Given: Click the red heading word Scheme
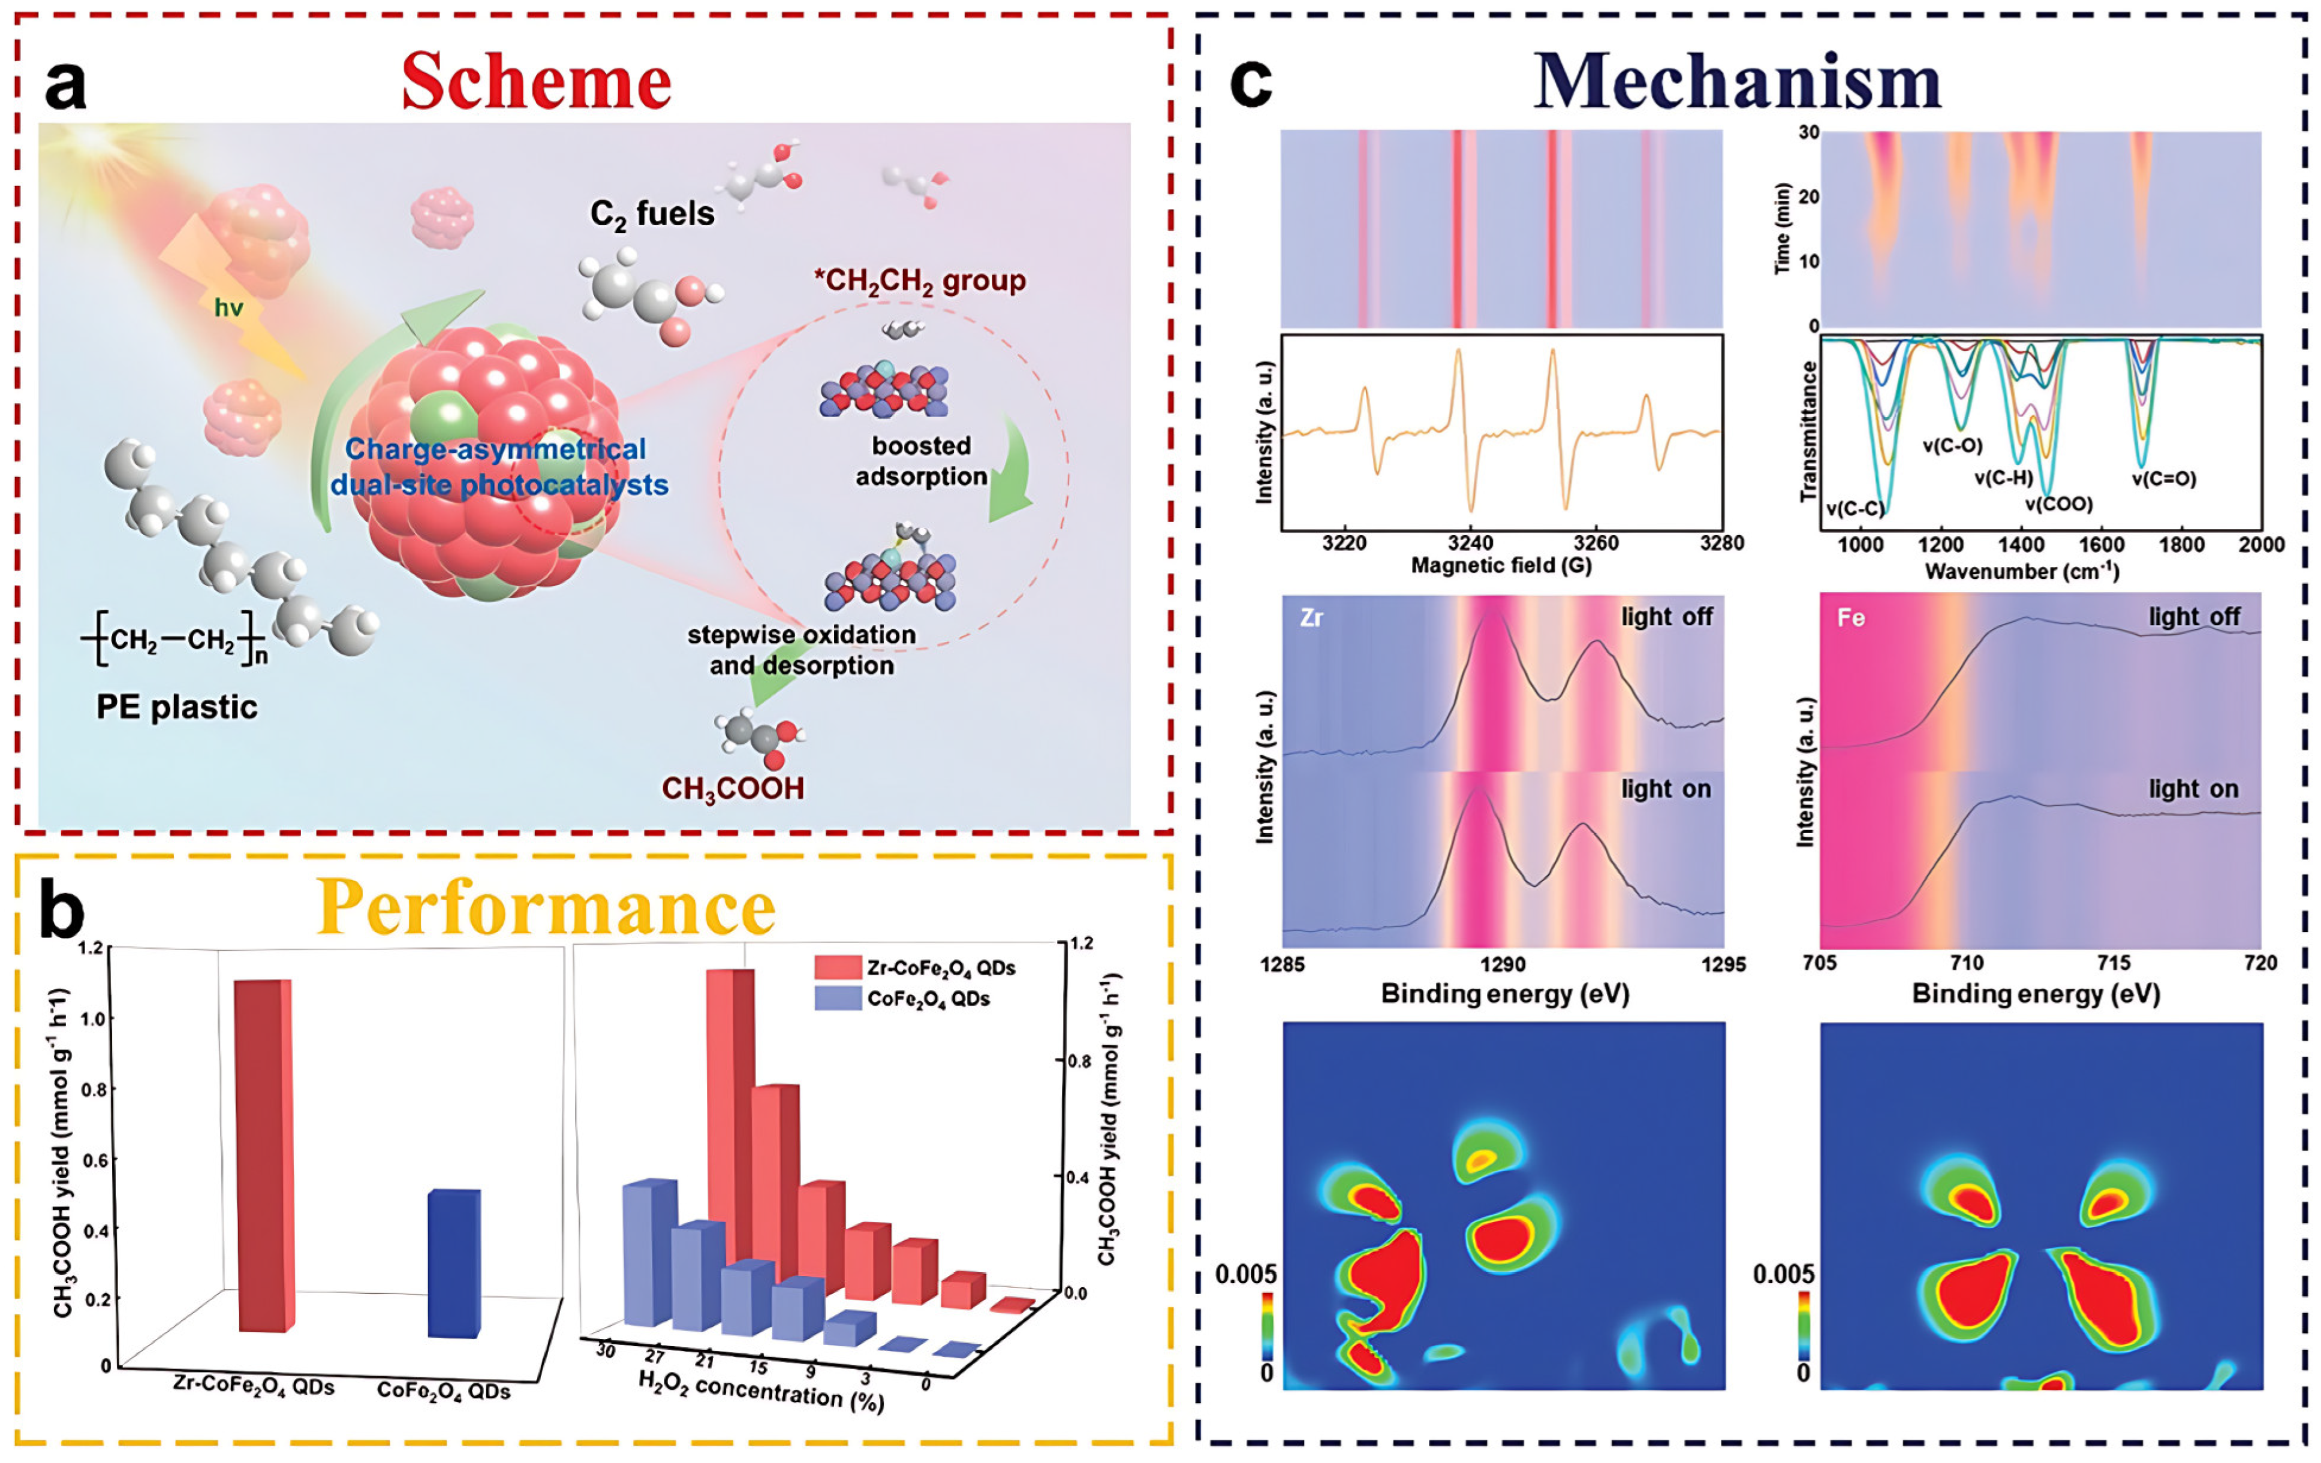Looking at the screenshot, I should (536, 82).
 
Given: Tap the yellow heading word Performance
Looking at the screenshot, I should (546, 908).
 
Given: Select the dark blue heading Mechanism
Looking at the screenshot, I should (1737, 82).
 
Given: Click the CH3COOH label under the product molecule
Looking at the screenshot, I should (733, 788).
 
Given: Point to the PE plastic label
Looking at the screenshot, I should (176, 707).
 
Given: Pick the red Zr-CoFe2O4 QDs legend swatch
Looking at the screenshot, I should (836, 967).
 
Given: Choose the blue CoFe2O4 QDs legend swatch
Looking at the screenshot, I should (836, 999).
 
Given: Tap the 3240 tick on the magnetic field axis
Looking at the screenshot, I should (1470, 544).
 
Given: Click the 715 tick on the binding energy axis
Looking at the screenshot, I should (2114, 963).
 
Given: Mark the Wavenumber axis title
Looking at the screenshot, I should (2021, 572).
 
